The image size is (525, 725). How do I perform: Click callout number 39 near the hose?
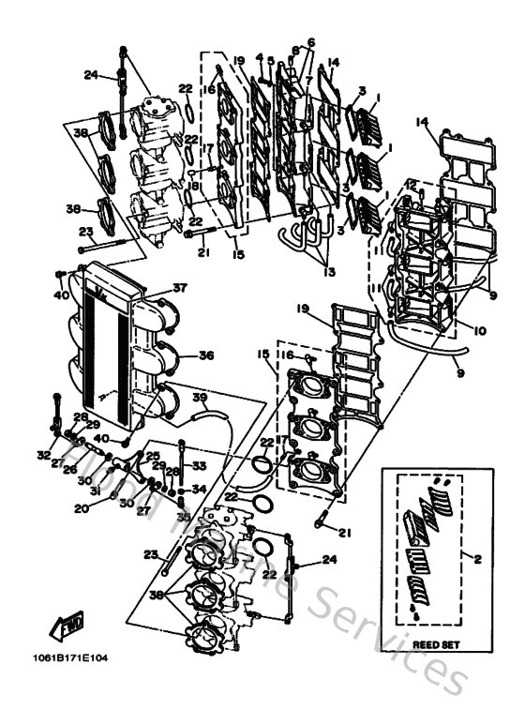click(199, 397)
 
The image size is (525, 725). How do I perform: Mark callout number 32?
click(43, 455)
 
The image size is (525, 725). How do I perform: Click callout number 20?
click(82, 508)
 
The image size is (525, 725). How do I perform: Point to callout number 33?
click(198, 465)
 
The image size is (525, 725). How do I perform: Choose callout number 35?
click(183, 516)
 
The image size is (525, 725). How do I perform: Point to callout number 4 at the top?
click(260, 58)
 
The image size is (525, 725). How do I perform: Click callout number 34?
click(198, 488)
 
